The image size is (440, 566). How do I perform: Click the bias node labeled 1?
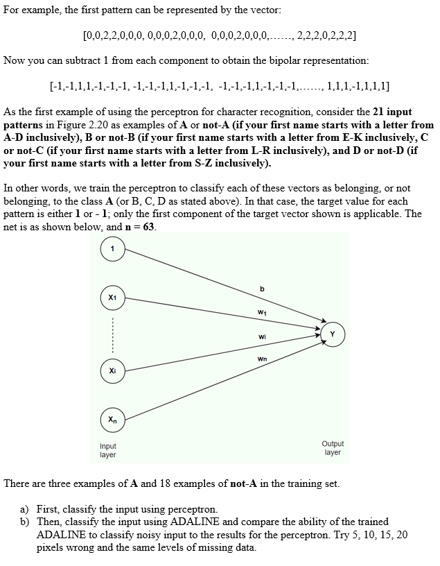(113, 248)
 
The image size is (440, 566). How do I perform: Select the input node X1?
(113, 296)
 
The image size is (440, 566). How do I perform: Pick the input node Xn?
(113, 419)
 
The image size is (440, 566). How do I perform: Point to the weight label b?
(262, 289)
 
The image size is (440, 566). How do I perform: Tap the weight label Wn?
(261, 359)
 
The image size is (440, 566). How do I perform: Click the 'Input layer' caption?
(108, 450)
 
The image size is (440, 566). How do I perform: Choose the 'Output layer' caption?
(333, 447)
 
